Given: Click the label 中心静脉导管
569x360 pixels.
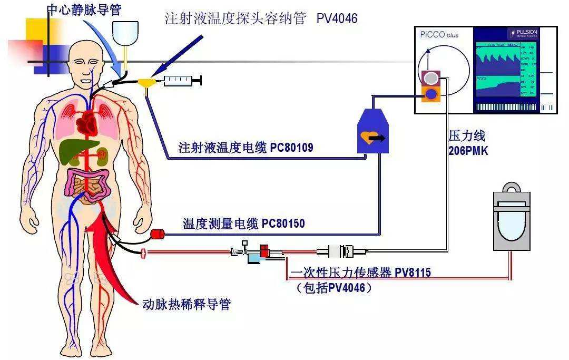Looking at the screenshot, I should (x=84, y=9).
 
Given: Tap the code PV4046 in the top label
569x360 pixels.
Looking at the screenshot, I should (x=337, y=19).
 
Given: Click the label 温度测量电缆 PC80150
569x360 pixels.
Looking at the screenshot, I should (x=243, y=223).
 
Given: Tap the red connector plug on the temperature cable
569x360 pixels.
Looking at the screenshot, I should (x=158, y=233).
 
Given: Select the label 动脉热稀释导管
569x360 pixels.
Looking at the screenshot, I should (x=187, y=304).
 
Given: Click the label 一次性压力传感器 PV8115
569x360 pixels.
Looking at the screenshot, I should (x=361, y=273).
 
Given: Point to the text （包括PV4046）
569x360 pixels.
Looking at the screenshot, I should (x=335, y=288).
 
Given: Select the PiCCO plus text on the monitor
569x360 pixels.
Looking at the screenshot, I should (x=439, y=35).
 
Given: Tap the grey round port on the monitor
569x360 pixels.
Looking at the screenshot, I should (x=431, y=78).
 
